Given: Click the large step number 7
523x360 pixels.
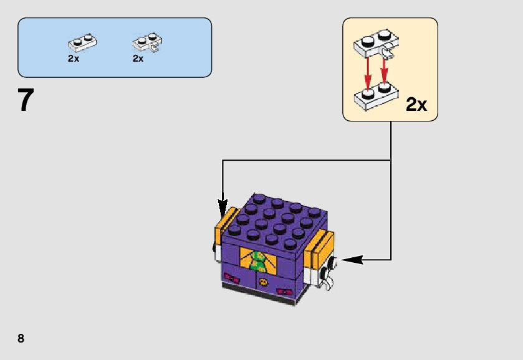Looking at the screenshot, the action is point(26,101).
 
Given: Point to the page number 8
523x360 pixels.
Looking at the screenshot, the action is point(21,338).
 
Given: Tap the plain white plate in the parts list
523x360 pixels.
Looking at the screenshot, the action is point(82,43).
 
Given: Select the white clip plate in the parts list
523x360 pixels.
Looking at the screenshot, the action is point(147,43).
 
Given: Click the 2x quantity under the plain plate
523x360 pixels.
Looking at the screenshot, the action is point(74,59).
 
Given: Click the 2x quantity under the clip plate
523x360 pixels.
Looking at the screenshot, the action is point(138,59).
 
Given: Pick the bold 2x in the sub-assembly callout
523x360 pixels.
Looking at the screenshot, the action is point(416,104).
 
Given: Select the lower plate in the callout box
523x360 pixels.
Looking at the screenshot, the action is point(375,97).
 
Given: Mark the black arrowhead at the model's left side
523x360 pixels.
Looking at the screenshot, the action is point(223,206).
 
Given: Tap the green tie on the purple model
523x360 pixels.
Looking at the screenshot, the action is point(256,260).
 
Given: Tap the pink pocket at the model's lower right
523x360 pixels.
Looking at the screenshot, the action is point(285,291).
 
